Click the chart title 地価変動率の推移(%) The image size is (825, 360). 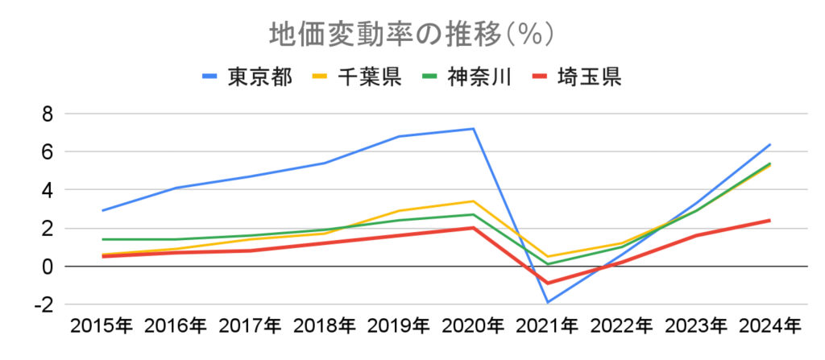pos(412,35)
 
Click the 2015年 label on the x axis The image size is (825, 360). pos(102,326)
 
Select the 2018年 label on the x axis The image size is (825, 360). pos(324,326)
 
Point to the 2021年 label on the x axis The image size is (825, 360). pos(547,326)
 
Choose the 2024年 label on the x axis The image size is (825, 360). pos(769,326)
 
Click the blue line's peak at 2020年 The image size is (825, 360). pos(474,129)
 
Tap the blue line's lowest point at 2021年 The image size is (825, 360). pos(548,302)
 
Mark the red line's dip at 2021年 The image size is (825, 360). pos(548,283)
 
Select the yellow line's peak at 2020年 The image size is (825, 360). pos(474,201)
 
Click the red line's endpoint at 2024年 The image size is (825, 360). pos(769,220)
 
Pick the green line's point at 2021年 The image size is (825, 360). pos(548,264)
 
